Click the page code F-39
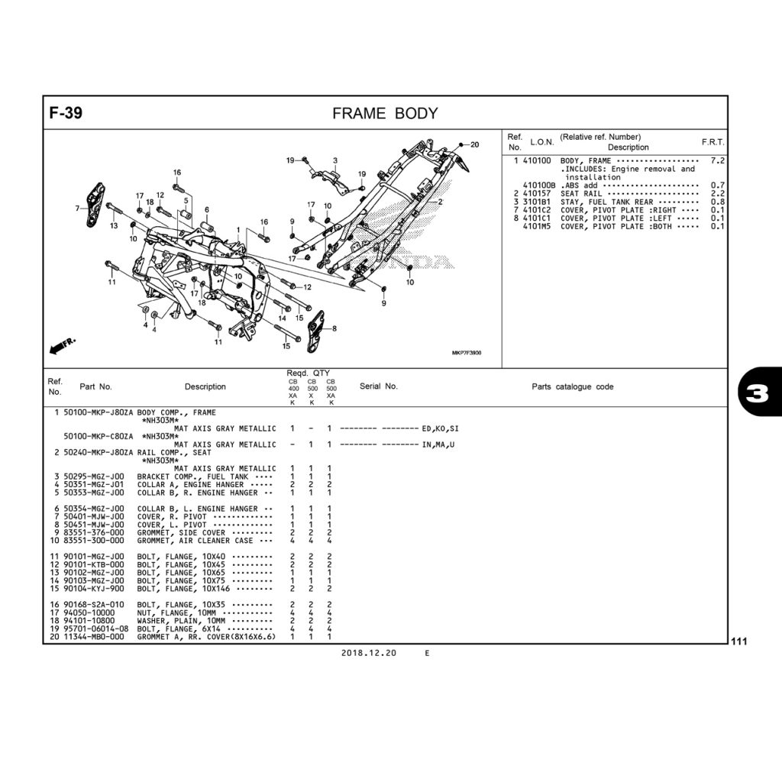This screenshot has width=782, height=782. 66,114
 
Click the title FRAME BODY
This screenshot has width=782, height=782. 385,114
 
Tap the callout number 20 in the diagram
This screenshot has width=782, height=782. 474,144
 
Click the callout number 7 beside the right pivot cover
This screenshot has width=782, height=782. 77,208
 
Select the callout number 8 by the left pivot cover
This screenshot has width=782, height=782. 334,328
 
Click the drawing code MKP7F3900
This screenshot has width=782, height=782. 466,353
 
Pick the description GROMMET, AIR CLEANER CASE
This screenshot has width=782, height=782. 195,541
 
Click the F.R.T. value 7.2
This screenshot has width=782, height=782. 717,161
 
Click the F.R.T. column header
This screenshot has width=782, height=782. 713,142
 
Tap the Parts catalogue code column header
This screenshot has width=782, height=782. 572,386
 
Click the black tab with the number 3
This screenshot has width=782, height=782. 760,393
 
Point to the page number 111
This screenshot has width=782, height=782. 738,642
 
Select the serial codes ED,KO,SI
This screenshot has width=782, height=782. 440,428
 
